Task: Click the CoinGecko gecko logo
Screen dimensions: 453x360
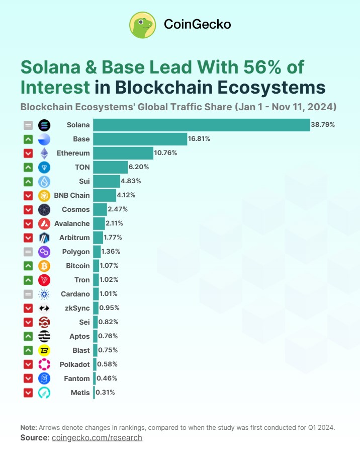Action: pos(143,25)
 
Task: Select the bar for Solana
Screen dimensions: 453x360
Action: pos(201,124)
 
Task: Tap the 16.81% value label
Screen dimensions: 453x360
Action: pos(199,138)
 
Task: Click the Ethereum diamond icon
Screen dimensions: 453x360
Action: pos(44,153)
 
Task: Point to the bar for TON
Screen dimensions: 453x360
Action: pos(110,167)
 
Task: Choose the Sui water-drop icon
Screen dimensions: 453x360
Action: pos(44,181)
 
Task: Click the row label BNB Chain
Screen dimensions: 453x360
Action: pos(72,195)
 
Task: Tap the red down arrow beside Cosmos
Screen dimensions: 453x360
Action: pos(28,209)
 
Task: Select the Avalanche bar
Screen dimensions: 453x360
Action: pos(99,223)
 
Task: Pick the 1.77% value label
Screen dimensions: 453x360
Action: pos(113,238)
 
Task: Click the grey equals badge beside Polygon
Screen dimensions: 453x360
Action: pos(28,252)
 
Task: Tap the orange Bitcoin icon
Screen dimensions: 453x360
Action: pos(44,266)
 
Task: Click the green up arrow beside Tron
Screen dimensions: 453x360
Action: pos(28,280)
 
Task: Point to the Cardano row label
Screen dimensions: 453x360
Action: pos(75,294)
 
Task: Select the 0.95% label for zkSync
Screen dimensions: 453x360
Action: pos(109,308)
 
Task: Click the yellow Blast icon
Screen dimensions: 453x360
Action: pos(44,350)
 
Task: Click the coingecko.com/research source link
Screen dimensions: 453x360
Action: pos(97,438)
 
